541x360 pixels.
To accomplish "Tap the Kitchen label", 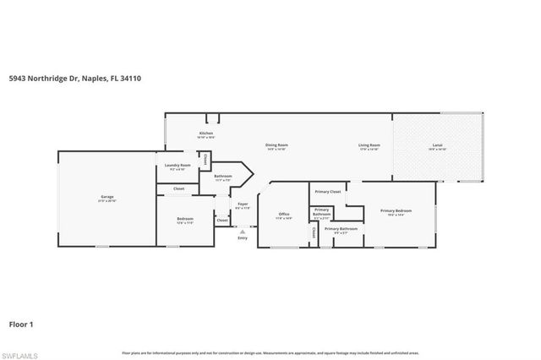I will coord(206,134).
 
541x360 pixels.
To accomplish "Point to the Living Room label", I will coord(369,145).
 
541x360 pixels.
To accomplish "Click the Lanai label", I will coord(438,145).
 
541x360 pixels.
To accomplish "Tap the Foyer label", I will coord(243,204).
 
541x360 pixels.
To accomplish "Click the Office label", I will coord(284,214).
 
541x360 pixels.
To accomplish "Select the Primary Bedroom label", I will coord(396,210).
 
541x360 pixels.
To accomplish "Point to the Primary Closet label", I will coord(329,192).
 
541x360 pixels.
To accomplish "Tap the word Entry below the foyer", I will coord(243,237).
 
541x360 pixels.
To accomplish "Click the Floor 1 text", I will coord(21,323).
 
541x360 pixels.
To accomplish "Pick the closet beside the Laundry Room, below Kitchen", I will coord(205,158).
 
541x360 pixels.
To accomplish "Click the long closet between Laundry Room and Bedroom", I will coord(179,188).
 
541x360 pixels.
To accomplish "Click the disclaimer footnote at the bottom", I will coord(270,352).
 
